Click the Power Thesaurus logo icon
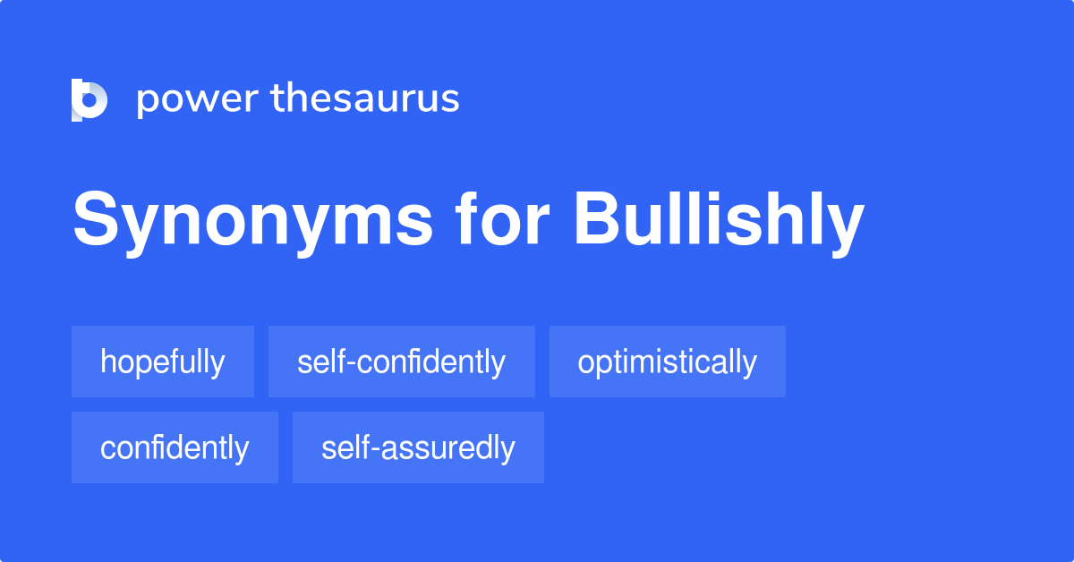click(89, 99)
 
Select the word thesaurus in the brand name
click(365, 98)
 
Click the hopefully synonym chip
click(163, 362)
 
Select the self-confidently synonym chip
click(402, 362)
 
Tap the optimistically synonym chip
click(668, 362)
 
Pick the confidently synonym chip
click(175, 447)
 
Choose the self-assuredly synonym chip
click(418, 447)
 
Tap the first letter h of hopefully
click(107, 362)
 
